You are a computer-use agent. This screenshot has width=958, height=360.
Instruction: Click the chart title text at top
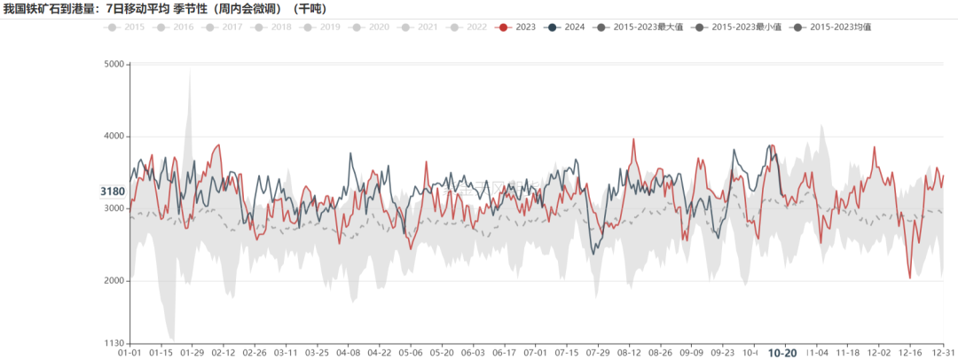coord(164,10)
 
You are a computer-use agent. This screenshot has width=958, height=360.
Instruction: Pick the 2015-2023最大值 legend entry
coord(649,27)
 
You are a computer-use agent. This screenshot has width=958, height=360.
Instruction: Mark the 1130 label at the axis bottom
coord(114,344)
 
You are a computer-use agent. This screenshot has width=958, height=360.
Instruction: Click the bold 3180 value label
coord(113,192)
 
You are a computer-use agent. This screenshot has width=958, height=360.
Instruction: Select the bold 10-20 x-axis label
coord(781,352)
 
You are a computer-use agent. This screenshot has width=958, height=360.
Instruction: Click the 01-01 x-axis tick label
coord(130,352)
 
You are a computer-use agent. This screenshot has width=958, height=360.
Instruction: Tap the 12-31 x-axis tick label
coord(943,352)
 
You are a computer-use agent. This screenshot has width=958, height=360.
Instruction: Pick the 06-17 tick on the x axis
coord(505,352)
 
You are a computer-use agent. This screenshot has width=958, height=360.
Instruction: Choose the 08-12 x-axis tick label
coord(630,352)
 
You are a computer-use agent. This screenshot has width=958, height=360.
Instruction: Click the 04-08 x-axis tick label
coord(349,352)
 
